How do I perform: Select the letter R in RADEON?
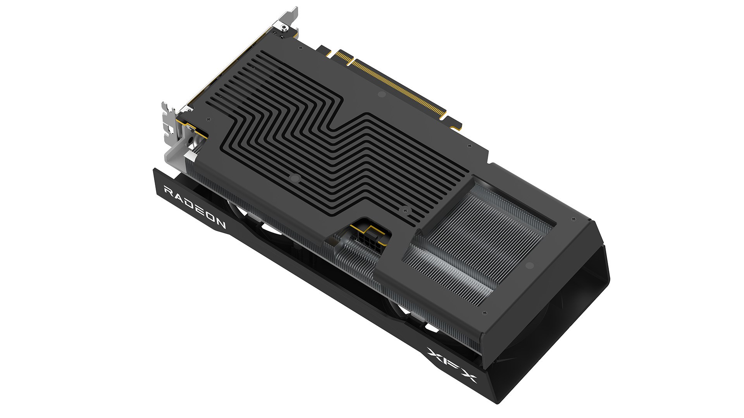click(169, 191)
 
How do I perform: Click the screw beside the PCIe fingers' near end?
click(470, 146)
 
